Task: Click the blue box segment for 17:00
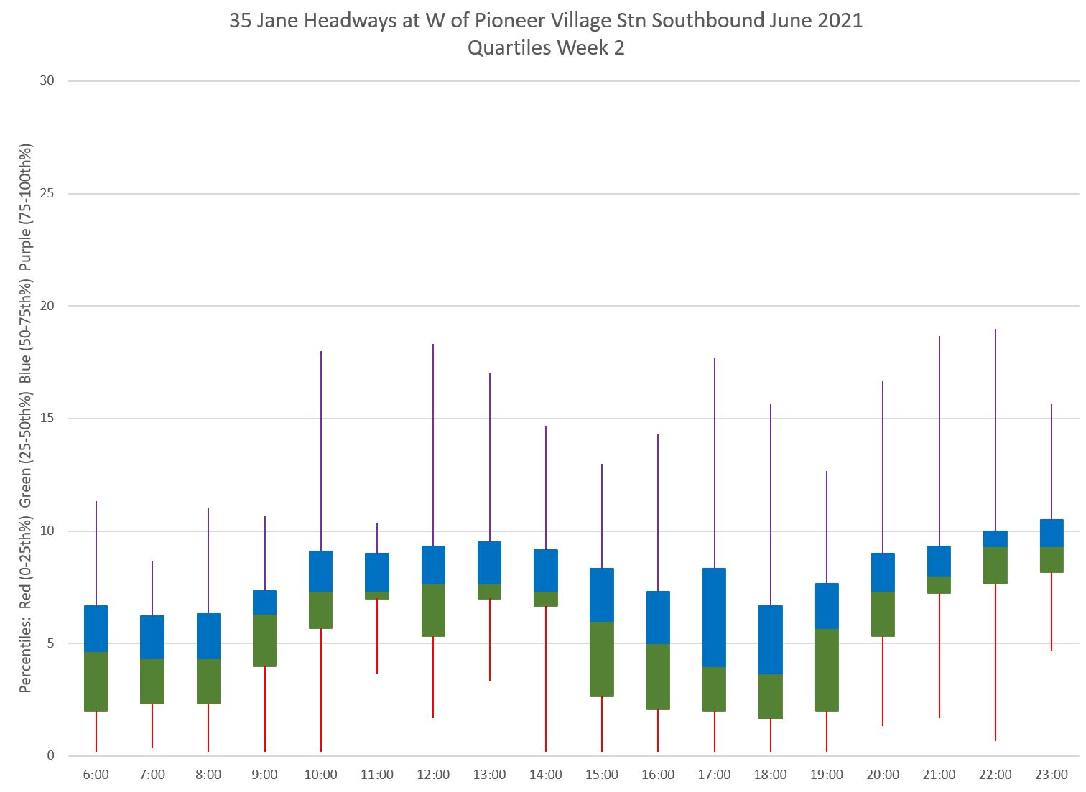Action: coord(714,618)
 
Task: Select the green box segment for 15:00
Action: coord(602,658)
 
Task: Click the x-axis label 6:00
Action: coord(96,775)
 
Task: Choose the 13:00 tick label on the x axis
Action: coord(489,775)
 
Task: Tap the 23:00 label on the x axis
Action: coord(1052,775)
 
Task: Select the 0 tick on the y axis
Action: coord(51,756)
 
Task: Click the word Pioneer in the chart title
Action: coord(508,21)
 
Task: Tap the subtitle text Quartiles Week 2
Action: coord(545,48)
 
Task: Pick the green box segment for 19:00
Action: coord(827,670)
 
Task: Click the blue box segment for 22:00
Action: coord(995,539)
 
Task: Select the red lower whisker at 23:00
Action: coord(1052,611)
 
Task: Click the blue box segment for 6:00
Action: coord(96,628)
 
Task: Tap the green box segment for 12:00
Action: coord(433,610)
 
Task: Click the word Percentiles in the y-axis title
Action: coord(26,657)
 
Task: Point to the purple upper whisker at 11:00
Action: coord(377,539)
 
